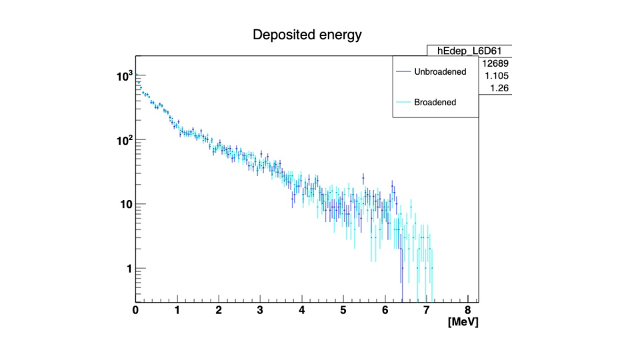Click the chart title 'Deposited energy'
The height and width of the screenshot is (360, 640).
click(307, 35)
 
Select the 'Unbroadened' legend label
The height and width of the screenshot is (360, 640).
click(440, 71)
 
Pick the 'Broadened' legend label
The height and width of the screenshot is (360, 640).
click(435, 103)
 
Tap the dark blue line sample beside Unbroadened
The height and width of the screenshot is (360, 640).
click(403, 71)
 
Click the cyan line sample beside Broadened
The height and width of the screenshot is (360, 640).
click(403, 103)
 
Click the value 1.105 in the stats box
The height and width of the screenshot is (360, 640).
click(497, 76)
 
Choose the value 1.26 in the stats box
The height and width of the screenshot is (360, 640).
click(500, 88)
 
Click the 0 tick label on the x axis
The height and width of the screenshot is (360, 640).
click(136, 310)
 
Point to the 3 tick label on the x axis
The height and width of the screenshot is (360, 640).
click(260, 310)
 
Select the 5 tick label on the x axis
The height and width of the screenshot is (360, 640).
click(343, 310)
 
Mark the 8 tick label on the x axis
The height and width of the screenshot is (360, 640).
click(467, 310)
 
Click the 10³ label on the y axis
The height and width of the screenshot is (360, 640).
click(124, 76)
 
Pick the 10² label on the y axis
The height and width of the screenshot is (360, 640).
click(124, 140)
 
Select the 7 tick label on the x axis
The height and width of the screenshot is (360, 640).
click(426, 310)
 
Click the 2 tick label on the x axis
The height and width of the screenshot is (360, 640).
click(219, 310)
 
